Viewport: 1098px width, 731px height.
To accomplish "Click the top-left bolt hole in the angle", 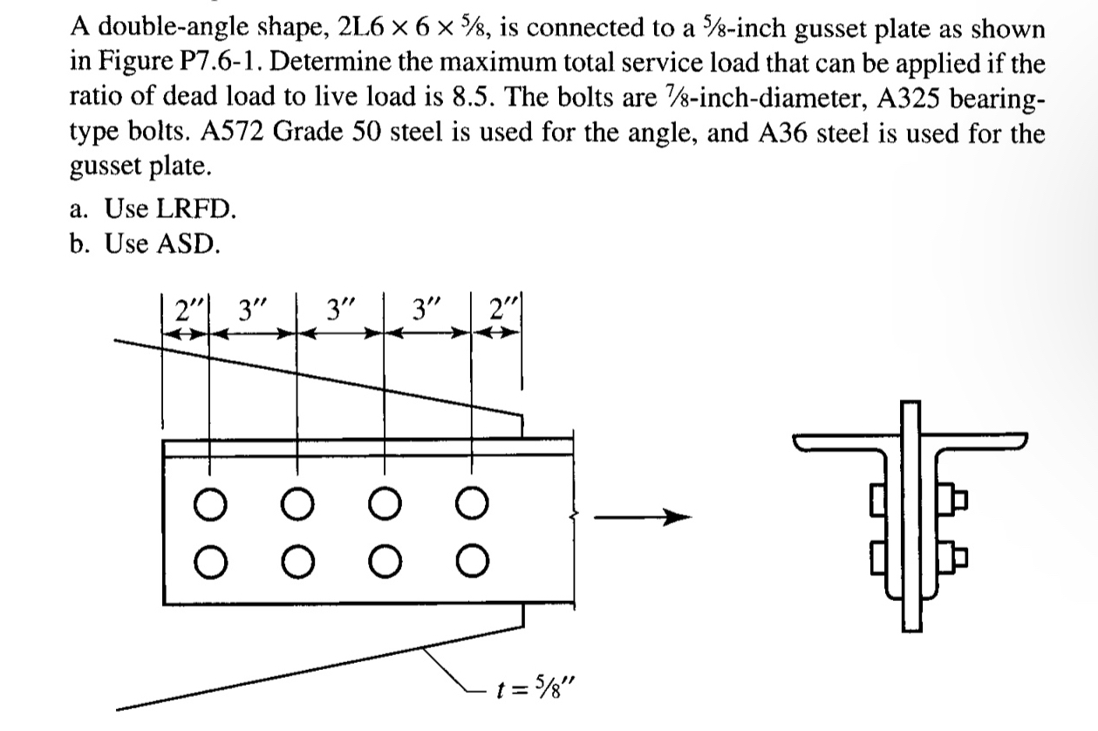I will (x=208, y=505).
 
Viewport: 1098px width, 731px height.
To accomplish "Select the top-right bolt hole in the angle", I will (x=472, y=505).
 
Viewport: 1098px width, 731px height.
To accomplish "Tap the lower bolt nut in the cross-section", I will (x=955, y=552).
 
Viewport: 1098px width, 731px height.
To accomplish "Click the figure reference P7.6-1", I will (x=201, y=68).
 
